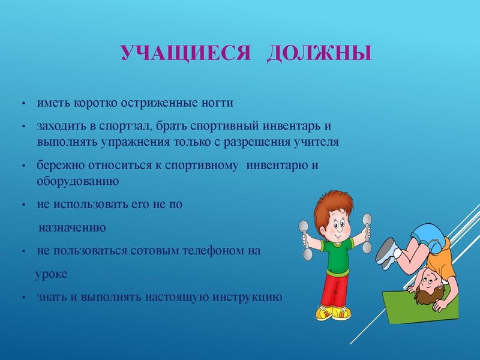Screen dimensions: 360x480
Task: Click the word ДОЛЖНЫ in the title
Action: coord(319,53)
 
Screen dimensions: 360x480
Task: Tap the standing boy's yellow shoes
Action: coord(333,314)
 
